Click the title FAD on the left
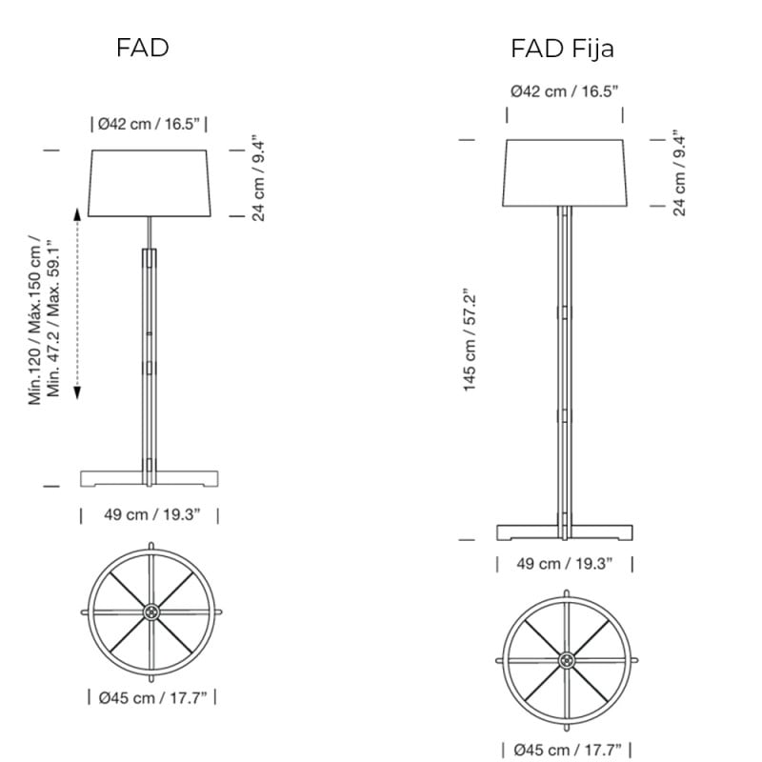pyautogui.click(x=143, y=48)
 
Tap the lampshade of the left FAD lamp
pyautogui.click(x=150, y=182)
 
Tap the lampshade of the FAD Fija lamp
pyautogui.click(x=565, y=172)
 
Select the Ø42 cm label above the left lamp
pyautogui.click(x=149, y=124)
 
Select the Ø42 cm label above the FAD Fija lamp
pyautogui.click(x=565, y=91)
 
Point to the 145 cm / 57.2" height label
pyautogui.click(x=470, y=340)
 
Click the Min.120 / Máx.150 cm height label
pyautogui.click(x=45, y=319)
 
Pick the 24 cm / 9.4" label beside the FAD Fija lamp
pyautogui.click(x=680, y=172)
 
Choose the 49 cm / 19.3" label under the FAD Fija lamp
pyautogui.click(x=565, y=564)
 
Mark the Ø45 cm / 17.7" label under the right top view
pyautogui.click(x=567, y=749)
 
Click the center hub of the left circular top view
pyautogui.click(x=150, y=611)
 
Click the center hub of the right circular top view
pyautogui.click(x=566, y=659)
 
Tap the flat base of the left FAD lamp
pyautogui.click(x=150, y=477)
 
